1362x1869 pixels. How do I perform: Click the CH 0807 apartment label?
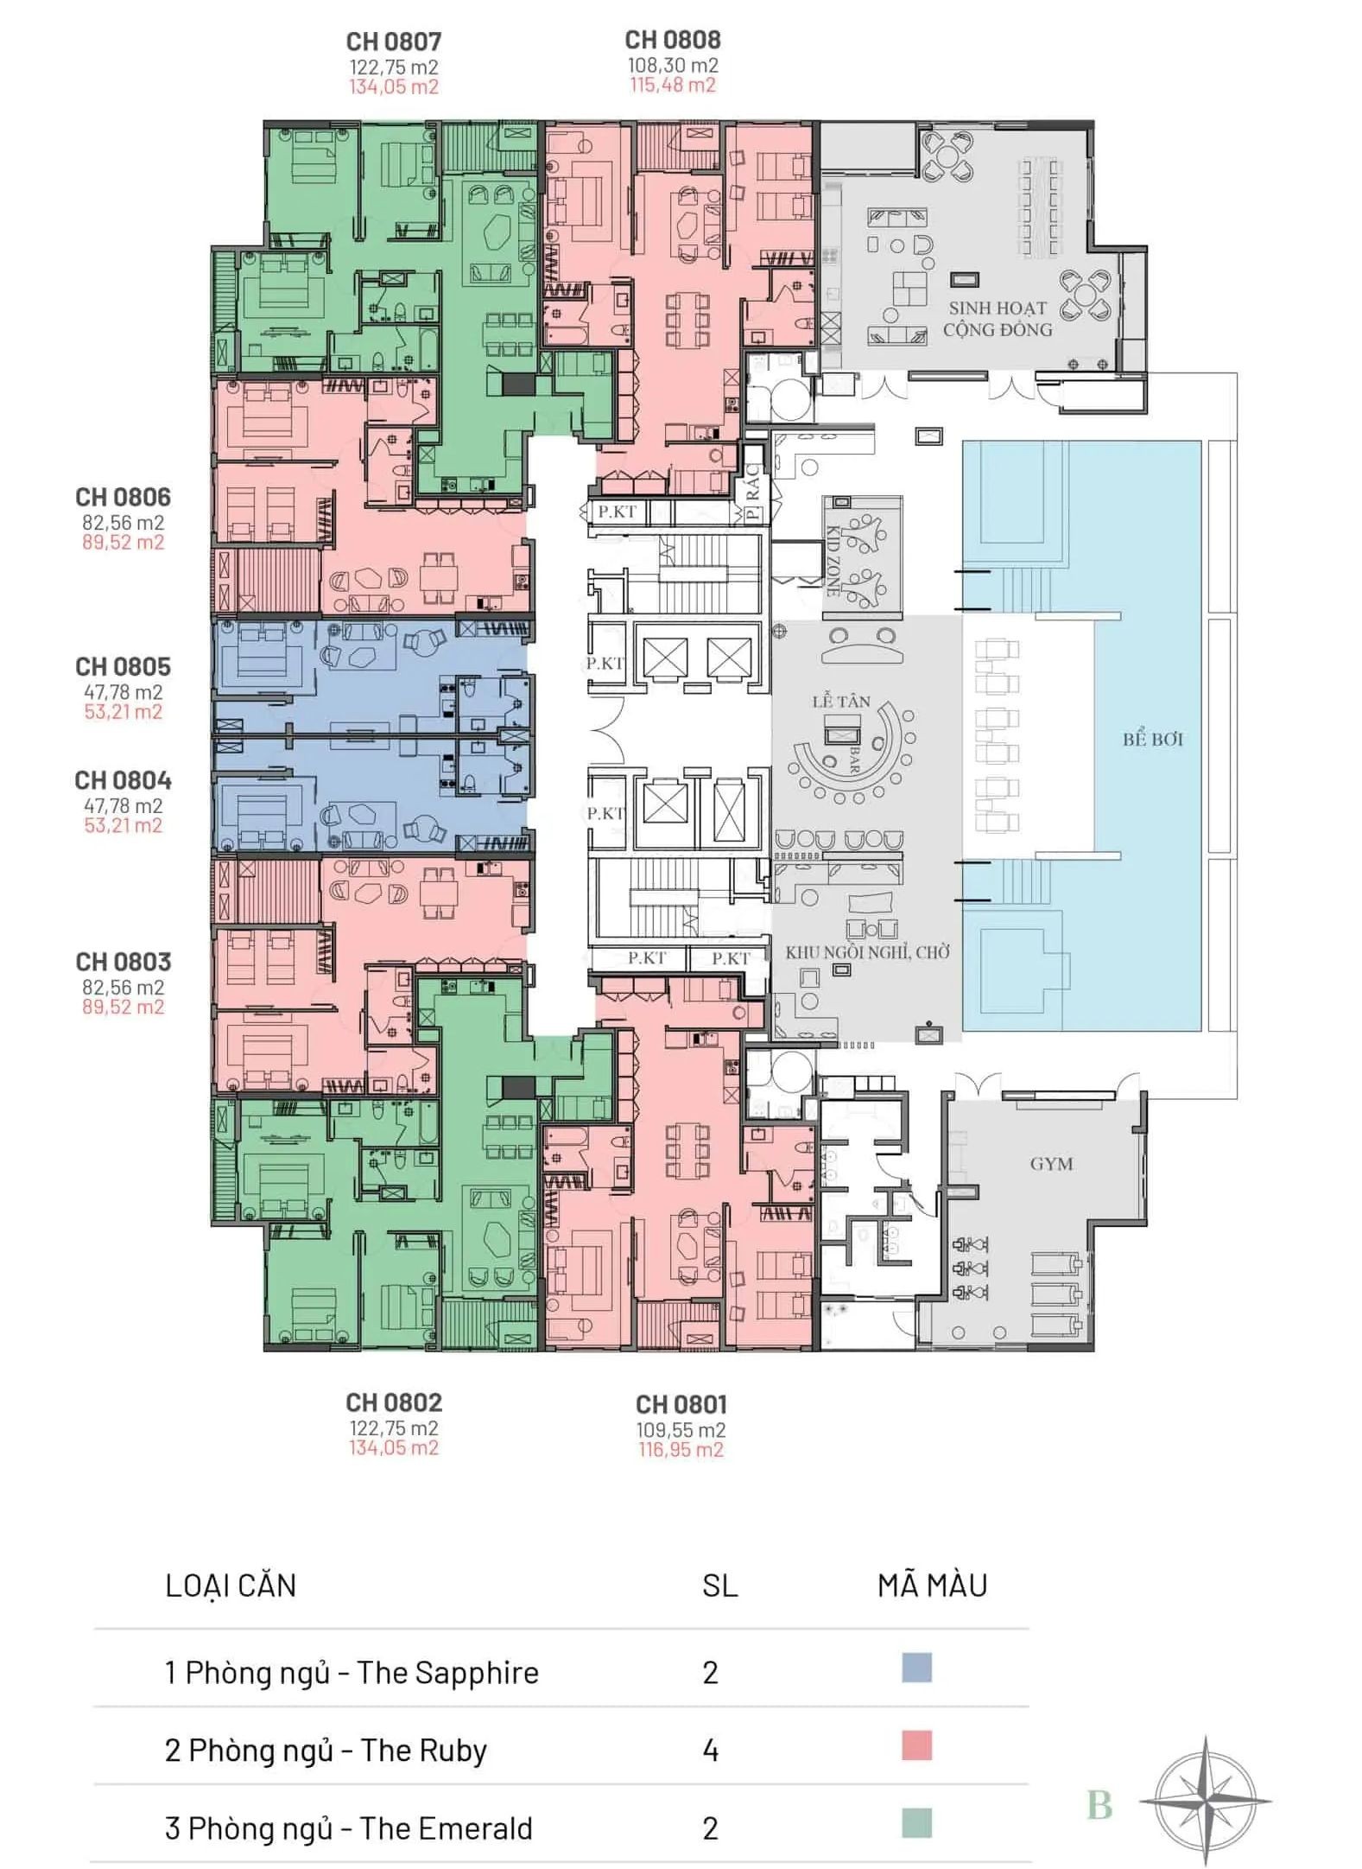coord(393,41)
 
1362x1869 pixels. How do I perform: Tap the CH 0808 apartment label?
coord(673,40)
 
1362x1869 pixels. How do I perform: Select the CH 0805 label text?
coord(123,666)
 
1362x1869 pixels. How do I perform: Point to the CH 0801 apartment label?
coord(681,1404)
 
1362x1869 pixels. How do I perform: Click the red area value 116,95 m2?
coord(681,1449)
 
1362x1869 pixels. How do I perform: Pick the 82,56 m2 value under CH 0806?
coord(123,523)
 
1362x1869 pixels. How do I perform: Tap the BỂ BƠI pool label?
coord(1153,739)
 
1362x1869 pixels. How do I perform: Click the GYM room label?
coord(1051,1164)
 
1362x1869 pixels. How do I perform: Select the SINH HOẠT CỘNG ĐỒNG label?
coord(998,318)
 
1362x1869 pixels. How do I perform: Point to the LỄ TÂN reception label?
coord(840,701)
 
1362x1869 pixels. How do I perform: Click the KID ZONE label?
coord(833,561)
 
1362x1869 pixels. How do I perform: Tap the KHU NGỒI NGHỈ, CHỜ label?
coord(867,952)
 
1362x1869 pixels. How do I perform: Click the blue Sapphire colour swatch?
coord(916,1668)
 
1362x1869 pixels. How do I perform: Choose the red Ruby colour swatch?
coord(916,1745)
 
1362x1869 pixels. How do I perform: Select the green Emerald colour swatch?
coord(916,1823)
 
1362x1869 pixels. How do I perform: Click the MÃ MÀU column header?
coord(932,1586)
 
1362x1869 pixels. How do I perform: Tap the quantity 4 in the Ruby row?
coord(710,1751)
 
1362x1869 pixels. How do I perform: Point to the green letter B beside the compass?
coord(1099,1805)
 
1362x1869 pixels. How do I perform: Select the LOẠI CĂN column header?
coord(231,1586)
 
